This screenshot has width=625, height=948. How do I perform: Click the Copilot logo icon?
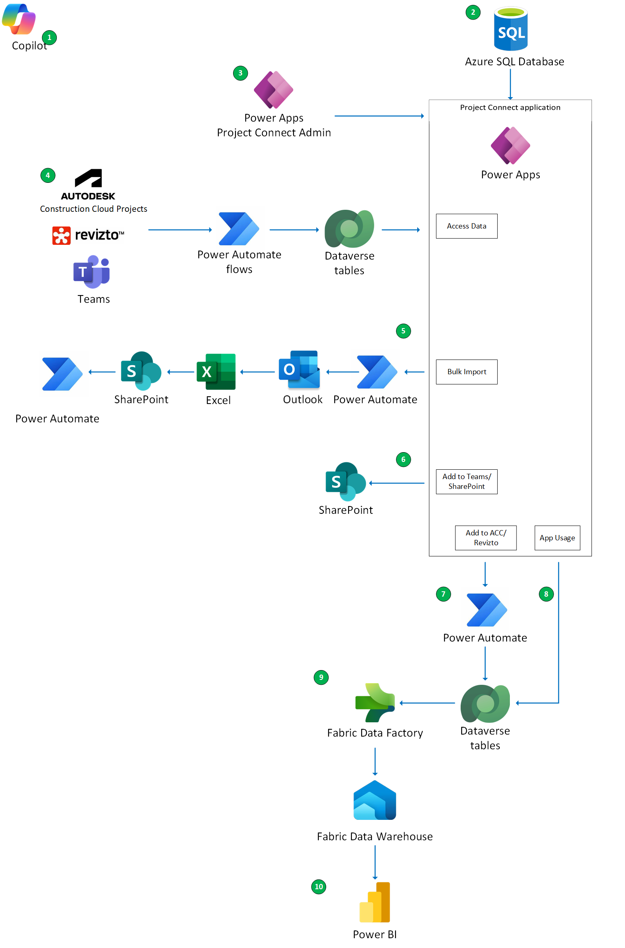(x=19, y=19)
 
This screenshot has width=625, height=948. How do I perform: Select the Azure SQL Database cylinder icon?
(x=511, y=29)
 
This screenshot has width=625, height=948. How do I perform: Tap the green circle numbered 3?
(x=240, y=73)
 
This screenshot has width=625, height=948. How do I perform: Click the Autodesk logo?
(x=88, y=184)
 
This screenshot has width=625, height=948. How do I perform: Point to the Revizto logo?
(x=88, y=235)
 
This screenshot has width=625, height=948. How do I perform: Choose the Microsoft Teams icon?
(x=92, y=271)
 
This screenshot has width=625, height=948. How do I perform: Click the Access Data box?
(x=467, y=226)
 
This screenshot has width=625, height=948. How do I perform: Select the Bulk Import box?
(x=467, y=372)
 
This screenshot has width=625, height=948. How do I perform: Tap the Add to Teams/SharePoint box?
(x=467, y=482)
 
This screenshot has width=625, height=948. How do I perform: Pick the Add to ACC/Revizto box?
(x=486, y=538)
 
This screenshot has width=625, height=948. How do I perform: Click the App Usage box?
(x=557, y=538)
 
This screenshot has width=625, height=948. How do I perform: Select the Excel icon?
(x=216, y=372)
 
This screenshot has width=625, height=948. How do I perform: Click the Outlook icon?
(x=299, y=370)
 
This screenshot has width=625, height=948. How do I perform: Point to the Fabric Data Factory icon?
(x=375, y=703)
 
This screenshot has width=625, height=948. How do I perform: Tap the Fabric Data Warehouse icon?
(x=375, y=800)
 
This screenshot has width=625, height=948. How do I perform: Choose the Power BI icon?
(x=375, y=902)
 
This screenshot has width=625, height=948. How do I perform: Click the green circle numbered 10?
(x=319, y=887)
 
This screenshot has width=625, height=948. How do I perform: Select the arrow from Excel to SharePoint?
(x=181, y=372)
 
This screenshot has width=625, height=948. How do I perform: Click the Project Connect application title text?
(x=510, y=107)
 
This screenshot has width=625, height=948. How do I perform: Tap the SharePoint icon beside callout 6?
(x=345, y=482)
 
